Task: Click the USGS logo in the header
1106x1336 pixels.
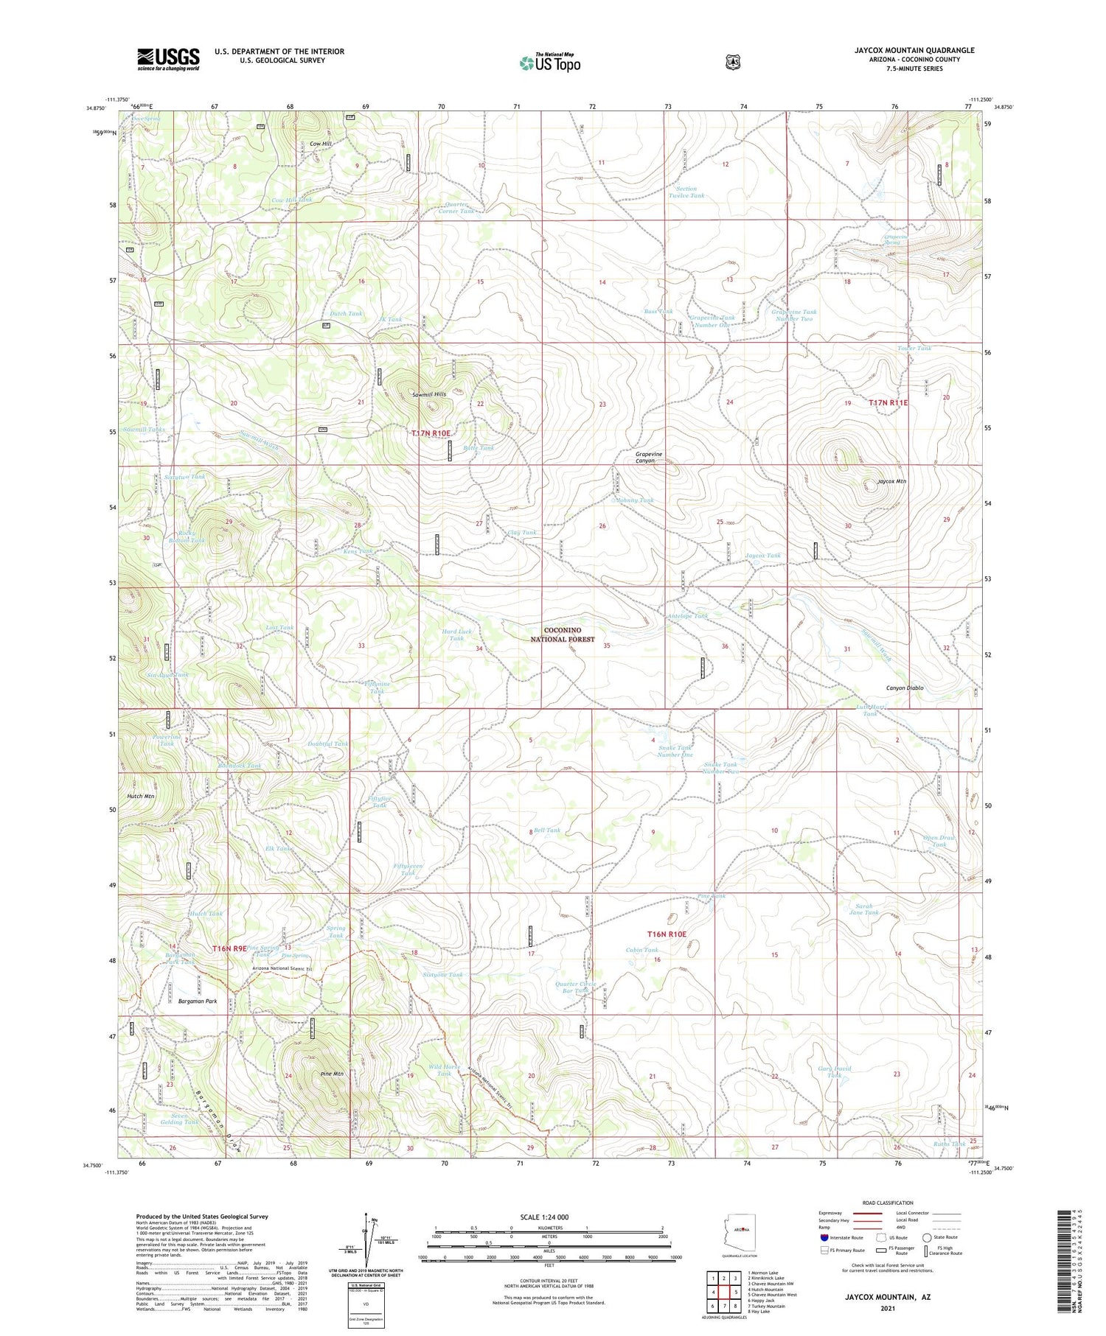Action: point(168,59)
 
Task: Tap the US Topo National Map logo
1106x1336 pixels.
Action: point(550,63)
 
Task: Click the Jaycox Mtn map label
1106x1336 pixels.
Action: point(891,481)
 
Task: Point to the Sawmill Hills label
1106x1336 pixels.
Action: point(429,394)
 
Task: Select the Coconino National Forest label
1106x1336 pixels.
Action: point(563,634)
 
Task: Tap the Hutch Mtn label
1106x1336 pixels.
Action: point(140,797)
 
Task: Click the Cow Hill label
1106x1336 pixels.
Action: point(321,144)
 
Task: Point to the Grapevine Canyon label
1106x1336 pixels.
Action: point(649,457)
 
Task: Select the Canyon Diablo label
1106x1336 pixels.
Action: point(904,688)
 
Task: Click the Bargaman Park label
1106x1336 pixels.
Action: point(198,1001)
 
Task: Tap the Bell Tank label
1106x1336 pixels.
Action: point(547,830)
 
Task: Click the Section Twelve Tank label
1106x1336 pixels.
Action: point(686,192)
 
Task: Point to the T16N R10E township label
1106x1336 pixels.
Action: point(667,934)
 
